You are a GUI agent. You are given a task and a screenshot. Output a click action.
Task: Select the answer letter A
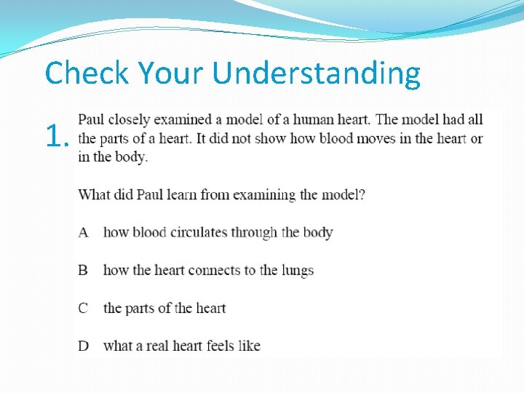pyautogui.click(x=84, y=232)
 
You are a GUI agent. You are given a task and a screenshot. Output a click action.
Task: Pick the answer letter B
pyautogui.click(x=84, y=270)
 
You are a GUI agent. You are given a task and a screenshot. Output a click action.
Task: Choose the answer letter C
pyautogui.click(x=84, y=308)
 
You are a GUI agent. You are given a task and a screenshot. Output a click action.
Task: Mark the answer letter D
pyautogui.click(x=84, y=346)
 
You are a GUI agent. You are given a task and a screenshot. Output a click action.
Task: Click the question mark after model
pyautogui.click(x=362, y=194)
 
